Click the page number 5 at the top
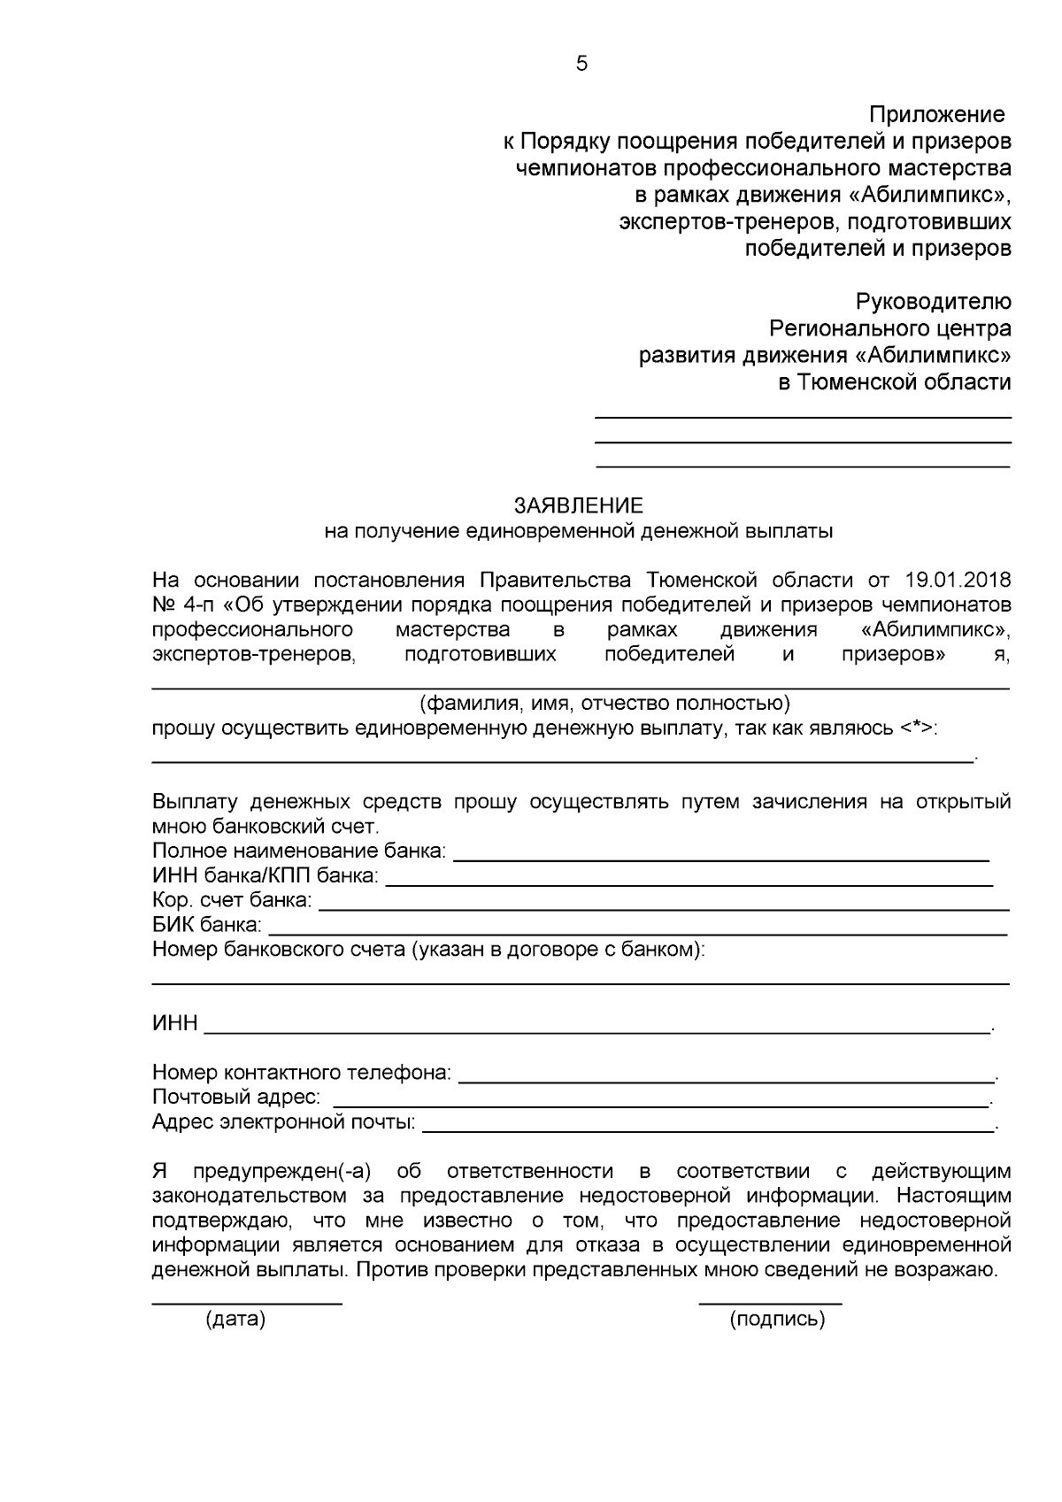[x=581, y=63]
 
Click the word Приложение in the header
[x=937, y=115]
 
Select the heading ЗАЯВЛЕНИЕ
[x=579, y=506]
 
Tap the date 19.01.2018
[x=958, y=581]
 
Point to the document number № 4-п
[x=182, y=605]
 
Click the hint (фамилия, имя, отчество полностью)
[x=604, y=704]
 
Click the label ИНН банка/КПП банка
[x=265, y=876]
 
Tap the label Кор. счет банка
[x=232, y=901]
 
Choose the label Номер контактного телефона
[x=302, y=1074]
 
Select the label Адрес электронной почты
[x=284, y=1123]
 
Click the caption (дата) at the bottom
[x=235, y=1320]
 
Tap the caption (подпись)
[x=777, y=1320]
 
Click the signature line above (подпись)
[x=770, y=1302]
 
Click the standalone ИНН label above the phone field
[x=175, y=1024]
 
